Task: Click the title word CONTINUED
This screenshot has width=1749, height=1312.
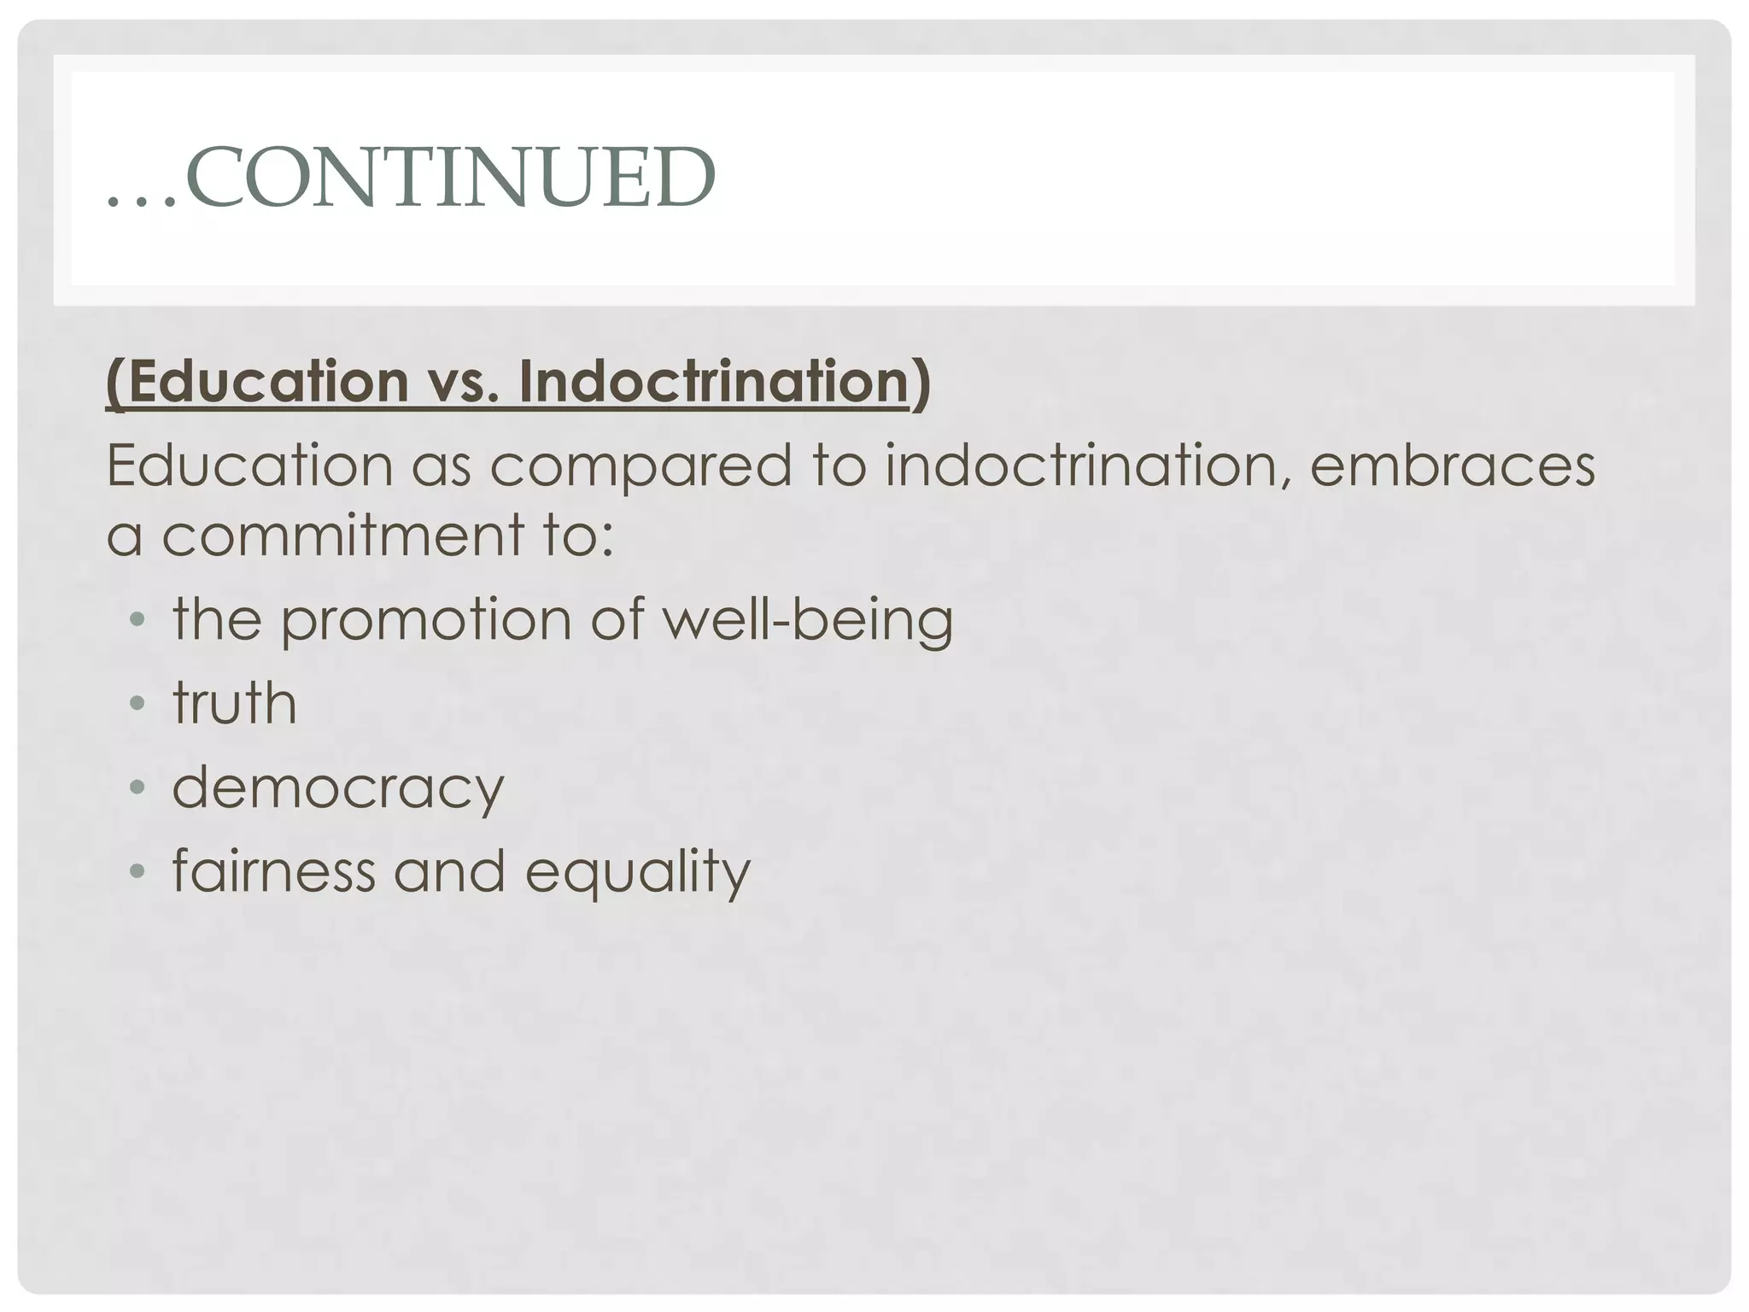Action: click(x=450, y=177)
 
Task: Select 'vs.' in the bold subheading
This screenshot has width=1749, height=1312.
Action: click(x=463, y=381)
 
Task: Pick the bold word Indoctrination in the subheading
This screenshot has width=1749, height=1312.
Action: click(x=714, y=381)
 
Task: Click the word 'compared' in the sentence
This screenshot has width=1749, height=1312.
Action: click(x=641, y=466)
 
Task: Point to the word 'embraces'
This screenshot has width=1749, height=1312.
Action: click(x=1453, y=466)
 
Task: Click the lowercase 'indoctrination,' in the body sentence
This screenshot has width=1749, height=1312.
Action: click(x=1085, y=466)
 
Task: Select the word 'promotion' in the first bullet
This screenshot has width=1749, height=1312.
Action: click(x=426, y=620)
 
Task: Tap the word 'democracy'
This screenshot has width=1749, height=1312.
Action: click(x=338, y=788)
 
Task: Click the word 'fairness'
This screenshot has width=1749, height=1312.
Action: click(x=274, y=871)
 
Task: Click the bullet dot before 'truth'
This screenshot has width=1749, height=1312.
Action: click(x=137, y=705)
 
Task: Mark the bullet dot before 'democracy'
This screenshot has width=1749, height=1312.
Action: click(x=137, y=788)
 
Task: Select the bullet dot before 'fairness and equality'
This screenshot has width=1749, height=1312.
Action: click(x=137, y=872)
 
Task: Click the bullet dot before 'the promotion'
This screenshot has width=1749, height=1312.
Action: click(x=137, y=621)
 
